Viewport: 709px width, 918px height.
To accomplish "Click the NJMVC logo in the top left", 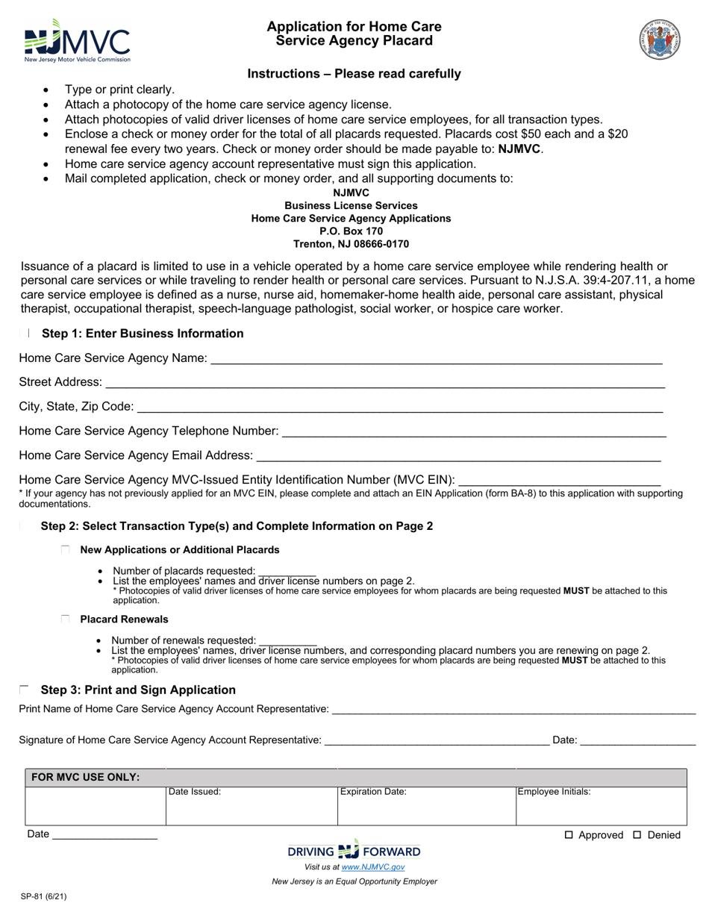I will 77,42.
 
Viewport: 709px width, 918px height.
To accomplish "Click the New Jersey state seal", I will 659,40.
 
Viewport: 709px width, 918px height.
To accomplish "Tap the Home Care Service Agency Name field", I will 436,359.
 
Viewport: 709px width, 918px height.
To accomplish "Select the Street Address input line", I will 384,383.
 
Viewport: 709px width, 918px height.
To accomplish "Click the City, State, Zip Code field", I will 400,408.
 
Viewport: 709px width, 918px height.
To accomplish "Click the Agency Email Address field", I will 458,456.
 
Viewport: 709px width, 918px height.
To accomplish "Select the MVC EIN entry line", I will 559,480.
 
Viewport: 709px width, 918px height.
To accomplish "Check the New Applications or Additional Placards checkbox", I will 66,550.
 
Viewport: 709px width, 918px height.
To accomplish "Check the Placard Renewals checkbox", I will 66,619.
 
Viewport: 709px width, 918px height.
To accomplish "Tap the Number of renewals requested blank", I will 287,641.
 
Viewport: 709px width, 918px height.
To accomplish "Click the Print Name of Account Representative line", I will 513,709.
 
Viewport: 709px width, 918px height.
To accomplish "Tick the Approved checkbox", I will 569,835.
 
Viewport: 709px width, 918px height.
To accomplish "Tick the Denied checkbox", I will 637,835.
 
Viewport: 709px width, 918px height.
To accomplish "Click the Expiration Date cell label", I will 373,792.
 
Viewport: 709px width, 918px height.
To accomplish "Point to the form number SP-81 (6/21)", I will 43,897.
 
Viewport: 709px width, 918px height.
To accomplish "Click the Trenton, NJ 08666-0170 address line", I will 351,244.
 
